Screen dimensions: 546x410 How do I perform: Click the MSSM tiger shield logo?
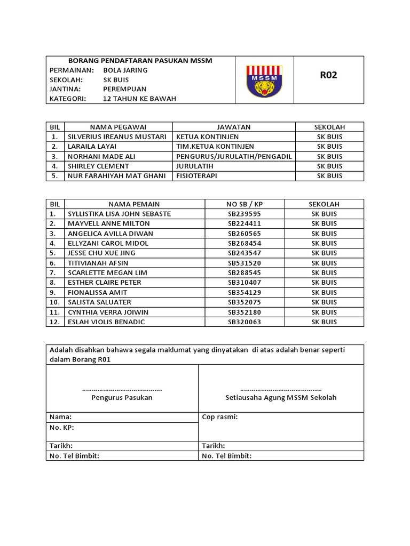tap(264, 81)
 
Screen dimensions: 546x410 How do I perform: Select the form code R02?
tap(328, 75)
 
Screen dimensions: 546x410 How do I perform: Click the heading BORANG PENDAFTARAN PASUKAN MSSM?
tap(140, 61)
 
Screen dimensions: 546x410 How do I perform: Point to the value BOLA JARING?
tap(125, 70)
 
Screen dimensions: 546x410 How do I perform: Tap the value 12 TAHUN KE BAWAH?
tap(139, 99)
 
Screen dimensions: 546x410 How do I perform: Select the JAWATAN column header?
tap(233, 127)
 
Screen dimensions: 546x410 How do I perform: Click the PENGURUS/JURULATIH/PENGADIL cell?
tap(234, 156)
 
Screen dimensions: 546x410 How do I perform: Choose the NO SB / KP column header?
tap(245, 204)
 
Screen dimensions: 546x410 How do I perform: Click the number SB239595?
tap(245, 214)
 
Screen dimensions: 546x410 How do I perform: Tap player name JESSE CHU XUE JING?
tap(101, 253)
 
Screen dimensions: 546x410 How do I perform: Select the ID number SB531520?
tap(245, 263)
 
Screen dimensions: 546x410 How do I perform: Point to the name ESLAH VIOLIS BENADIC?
tap(106, 322)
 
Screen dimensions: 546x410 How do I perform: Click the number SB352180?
tap(245, 312)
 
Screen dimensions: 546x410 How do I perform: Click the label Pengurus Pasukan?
tap(122, 398)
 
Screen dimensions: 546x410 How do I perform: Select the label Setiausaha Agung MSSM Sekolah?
tap(281, 398)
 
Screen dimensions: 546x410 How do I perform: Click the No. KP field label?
tap(62, 428)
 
